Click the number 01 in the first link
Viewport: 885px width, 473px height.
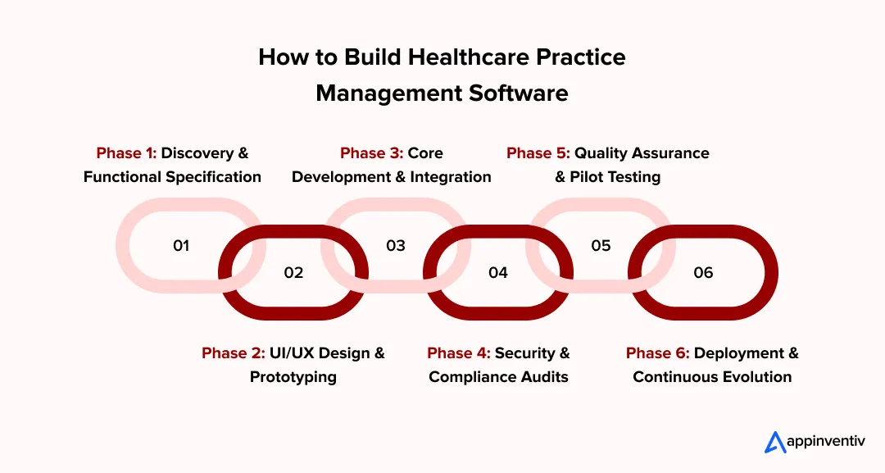click(x=181, y=245)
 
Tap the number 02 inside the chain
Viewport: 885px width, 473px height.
click(x=293, y=272)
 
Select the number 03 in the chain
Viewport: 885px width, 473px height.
click(x=396, y=245)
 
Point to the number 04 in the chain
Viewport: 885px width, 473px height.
click(x=498, y=272)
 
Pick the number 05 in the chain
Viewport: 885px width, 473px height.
click(x=601, y=245)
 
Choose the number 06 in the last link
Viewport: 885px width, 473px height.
click(x=703, y=272)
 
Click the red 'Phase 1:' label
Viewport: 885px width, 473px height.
click(x=126, y=153)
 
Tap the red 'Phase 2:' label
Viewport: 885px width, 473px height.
click(x=234, y=353)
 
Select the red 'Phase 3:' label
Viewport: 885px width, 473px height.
click(x=371, y=153)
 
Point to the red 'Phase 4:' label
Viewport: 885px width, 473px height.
click(x=459, y=353)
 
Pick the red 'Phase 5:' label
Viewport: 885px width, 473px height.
click(x=538, y=153)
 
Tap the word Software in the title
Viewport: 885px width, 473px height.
click(x=518, y=93)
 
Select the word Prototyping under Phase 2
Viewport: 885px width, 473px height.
click(x=293, y=377)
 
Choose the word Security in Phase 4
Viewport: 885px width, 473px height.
click(x=525, y=353)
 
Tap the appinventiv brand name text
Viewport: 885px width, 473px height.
click(x=828, y=443)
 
